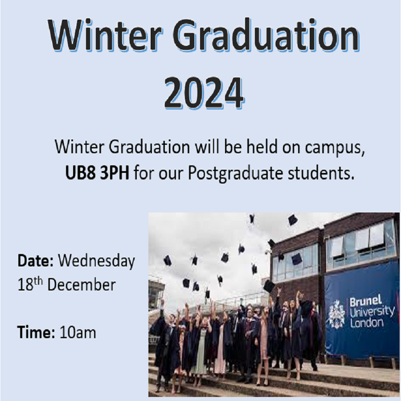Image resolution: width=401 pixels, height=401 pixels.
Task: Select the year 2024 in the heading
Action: (x=204, y=93)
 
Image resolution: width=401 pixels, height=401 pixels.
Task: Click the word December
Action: (x=81, y=285)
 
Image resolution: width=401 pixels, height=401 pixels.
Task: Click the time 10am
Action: (x=78, y=332)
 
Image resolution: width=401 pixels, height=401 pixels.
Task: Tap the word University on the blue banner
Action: (x=372, y=312)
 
